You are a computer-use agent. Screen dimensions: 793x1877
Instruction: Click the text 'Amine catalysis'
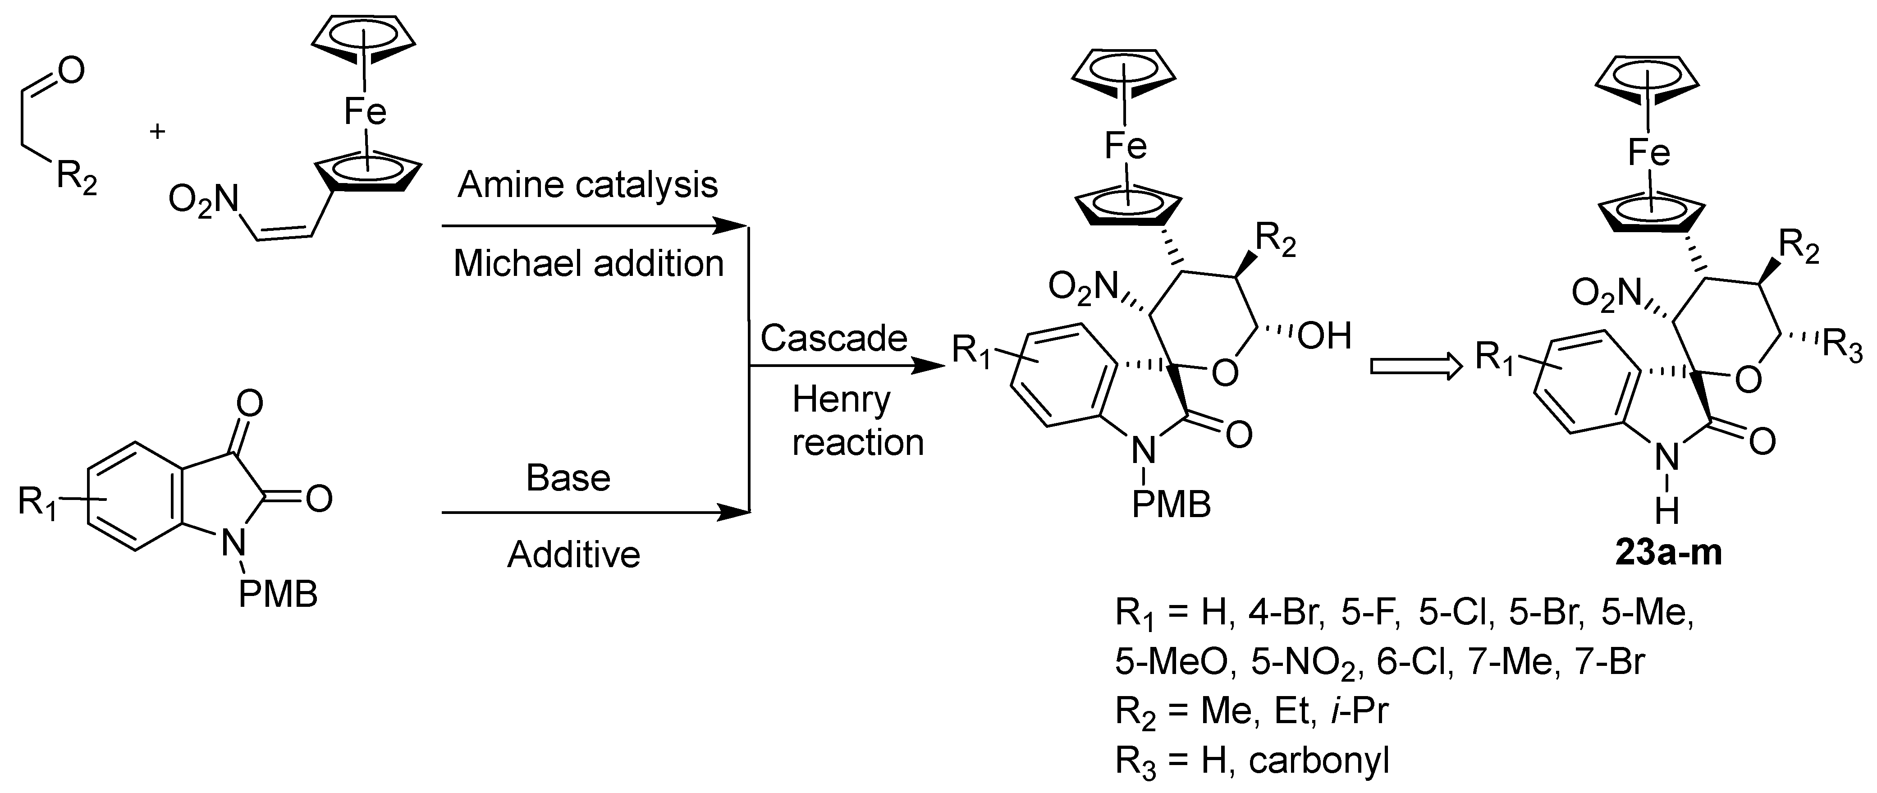[x=587, y=185]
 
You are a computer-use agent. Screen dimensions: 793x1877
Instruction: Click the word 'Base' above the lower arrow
[x=568, y=478]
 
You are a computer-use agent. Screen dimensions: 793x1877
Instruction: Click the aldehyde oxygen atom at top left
[x=71, y=71]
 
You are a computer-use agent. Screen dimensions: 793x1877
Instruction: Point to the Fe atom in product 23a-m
[x=1648, y=153]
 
